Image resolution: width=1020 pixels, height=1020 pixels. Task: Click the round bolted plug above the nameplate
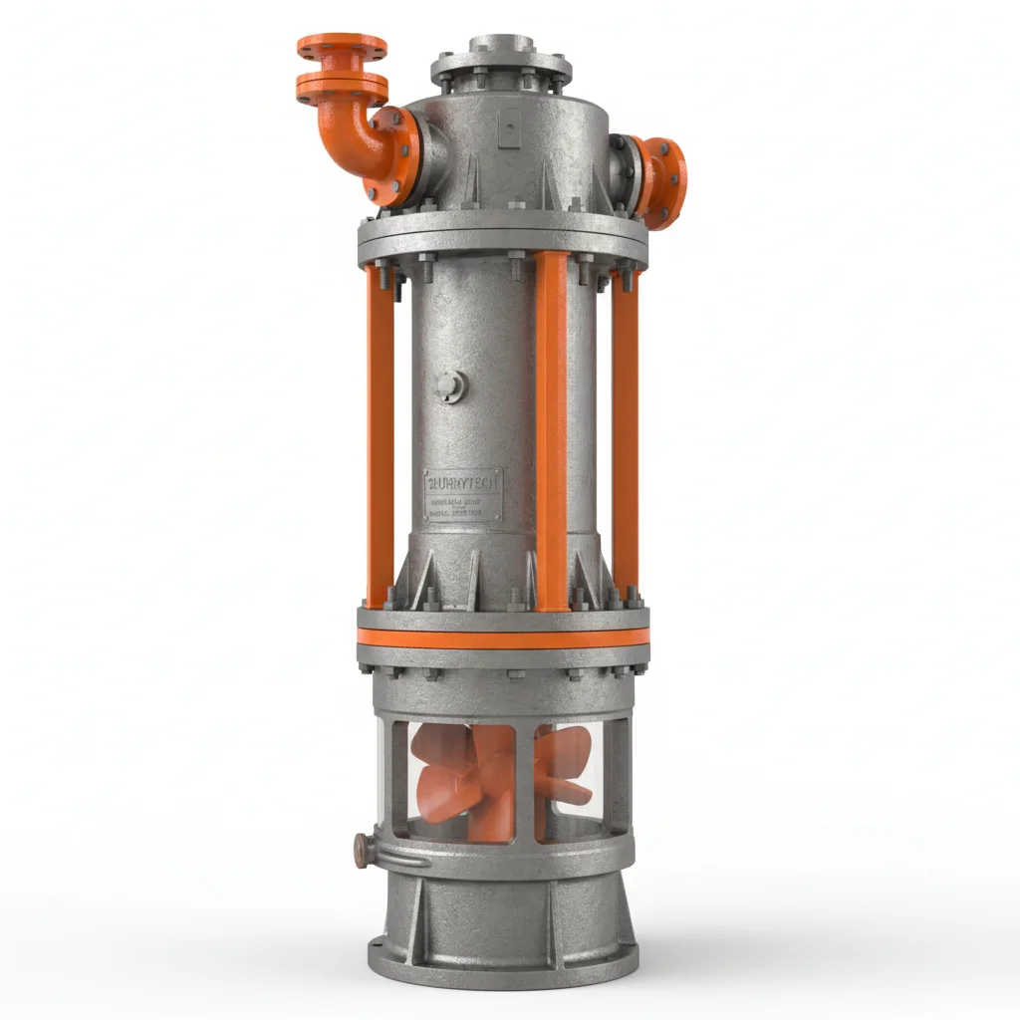tap(449, 385)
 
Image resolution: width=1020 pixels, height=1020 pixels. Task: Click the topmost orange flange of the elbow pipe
tap(342, 46)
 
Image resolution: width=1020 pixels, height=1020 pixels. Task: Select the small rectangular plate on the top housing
tap(508, 127)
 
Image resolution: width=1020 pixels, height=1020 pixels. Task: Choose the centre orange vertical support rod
tap(552, 428)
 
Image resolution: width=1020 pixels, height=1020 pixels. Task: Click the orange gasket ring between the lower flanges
tap(503, 639)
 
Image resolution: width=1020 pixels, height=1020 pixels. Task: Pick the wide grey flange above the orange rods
tap(503, 235)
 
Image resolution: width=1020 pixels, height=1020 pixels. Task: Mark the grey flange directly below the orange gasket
tap(503, 659)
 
